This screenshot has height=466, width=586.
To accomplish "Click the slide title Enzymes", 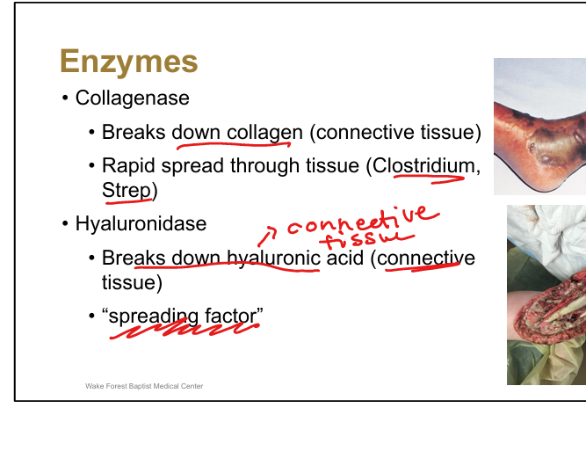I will point(128,62).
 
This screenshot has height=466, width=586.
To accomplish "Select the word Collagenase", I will point(133,98).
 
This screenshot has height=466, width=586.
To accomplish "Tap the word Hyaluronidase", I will point(141,223).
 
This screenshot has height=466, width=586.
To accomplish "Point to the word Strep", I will point(127,189).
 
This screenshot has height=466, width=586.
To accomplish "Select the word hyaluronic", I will point(273,258).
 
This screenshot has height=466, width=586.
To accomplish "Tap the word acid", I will point(344,258).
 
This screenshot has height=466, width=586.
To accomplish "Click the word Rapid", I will point(128,164).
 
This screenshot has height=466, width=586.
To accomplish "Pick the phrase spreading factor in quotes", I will point(184,315).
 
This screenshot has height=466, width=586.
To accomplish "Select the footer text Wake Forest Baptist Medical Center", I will point(144,386).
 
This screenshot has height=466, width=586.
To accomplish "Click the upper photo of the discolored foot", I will point(539,126).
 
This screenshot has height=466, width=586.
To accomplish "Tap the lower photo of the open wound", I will point(546,295).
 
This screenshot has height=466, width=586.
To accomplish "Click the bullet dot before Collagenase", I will point(65,98).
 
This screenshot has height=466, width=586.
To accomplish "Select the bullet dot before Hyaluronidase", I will point(65,223).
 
